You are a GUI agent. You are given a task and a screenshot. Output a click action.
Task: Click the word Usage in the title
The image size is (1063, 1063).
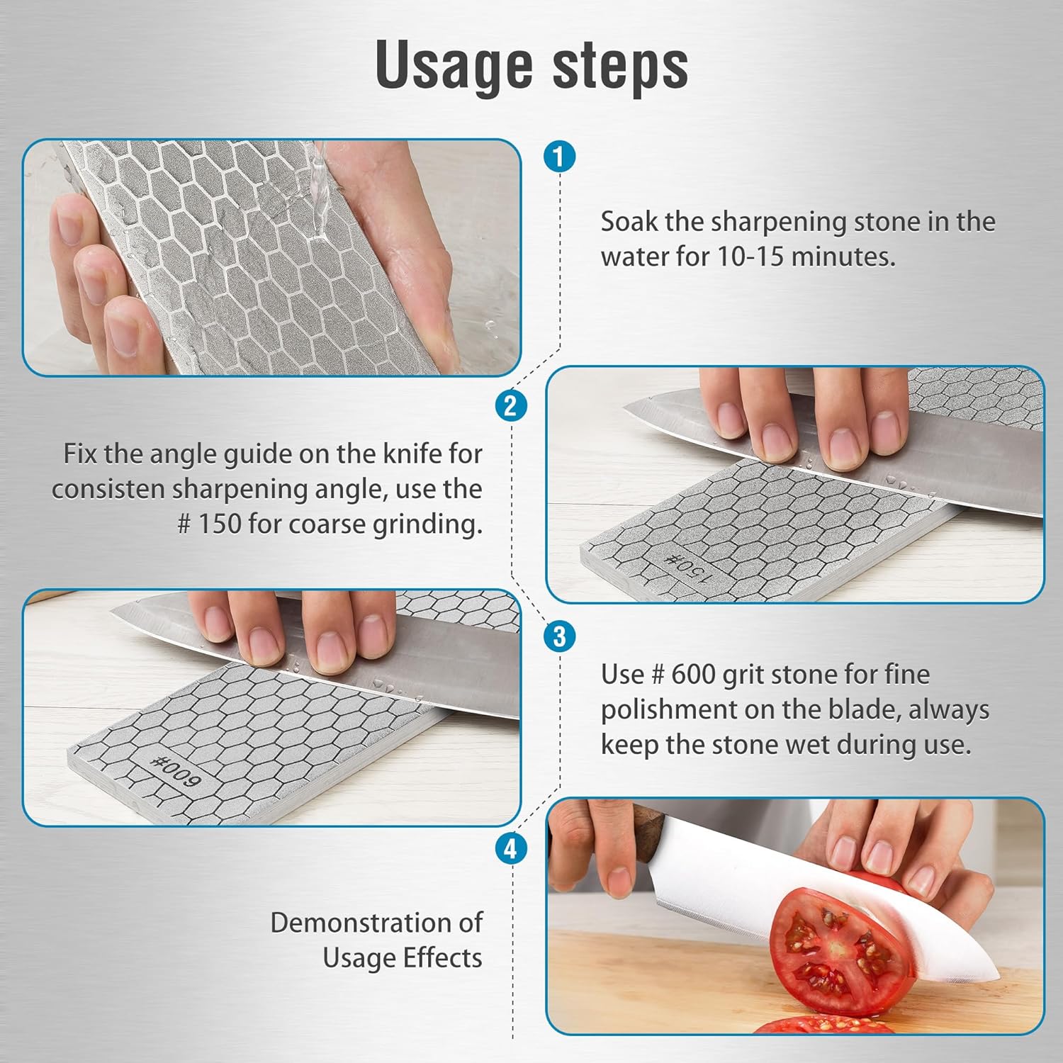(454, 65)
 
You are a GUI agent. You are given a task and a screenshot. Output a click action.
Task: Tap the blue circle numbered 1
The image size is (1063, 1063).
(559, 156)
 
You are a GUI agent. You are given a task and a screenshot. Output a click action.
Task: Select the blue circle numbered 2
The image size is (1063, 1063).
(511, 406)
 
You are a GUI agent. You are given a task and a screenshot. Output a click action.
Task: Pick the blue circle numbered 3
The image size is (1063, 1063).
(559, 636)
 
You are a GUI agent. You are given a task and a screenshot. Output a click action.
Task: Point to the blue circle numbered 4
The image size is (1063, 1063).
(511, 848)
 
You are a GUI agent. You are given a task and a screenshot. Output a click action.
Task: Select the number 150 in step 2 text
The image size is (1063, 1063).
(220, 524)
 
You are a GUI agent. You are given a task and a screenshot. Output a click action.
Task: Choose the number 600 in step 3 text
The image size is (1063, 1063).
(693, 674)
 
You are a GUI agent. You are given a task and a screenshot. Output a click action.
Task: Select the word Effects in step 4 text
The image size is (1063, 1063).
(442, 958)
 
